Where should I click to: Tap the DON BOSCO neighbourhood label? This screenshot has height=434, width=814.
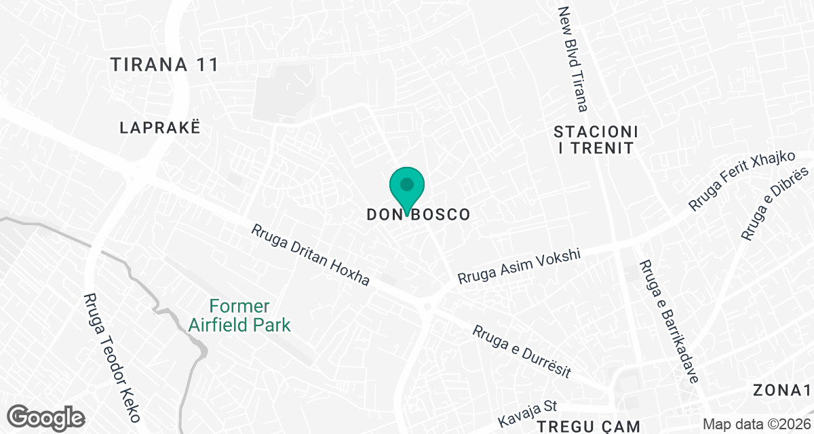pyautogui.click(x=418, y=214)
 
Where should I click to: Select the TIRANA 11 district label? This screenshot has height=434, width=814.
pyautogui.click(x=165, y=65)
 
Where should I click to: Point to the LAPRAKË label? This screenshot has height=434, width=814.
pyautogui.click(x=160, y=127)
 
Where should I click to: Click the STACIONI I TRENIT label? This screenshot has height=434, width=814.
pyautogui.click(x=596, y=139)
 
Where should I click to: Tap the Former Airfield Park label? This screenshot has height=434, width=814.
pyautogui.click(x=239, y=316)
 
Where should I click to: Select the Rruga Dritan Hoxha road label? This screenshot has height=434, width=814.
pyautogui.click(x=310, y=255)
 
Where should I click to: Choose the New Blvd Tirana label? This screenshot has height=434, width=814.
pyautogui.click(x=573, y=59)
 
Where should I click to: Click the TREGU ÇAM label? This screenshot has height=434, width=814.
pyautogui.click(x=589, y=427)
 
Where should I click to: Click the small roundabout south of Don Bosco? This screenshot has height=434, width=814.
pyautogui.click(x=427, y=307)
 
